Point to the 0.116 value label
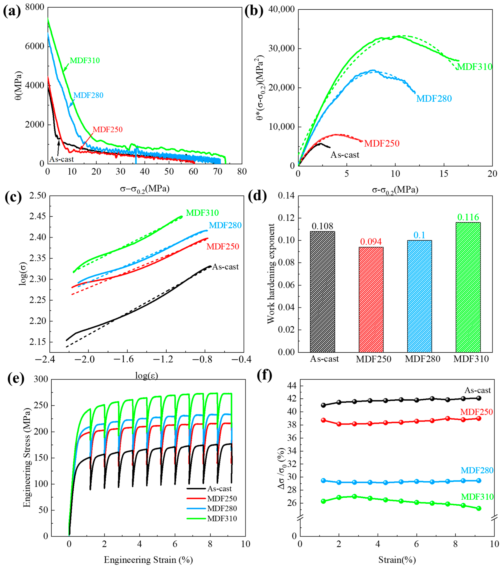(x=468, y=217)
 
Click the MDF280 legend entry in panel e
(x=222, y=509)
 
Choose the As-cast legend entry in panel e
(x=219, y=489)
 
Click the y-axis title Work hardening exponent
(x=271, y=274)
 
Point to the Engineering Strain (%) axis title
(x=148, y=560)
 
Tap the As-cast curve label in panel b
(x=345, y=155)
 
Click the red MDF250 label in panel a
(x=107, y=130)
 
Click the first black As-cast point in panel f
(x=323, y=405)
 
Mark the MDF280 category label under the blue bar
(x=422, y=359)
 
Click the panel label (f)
(x=264, y=376)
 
